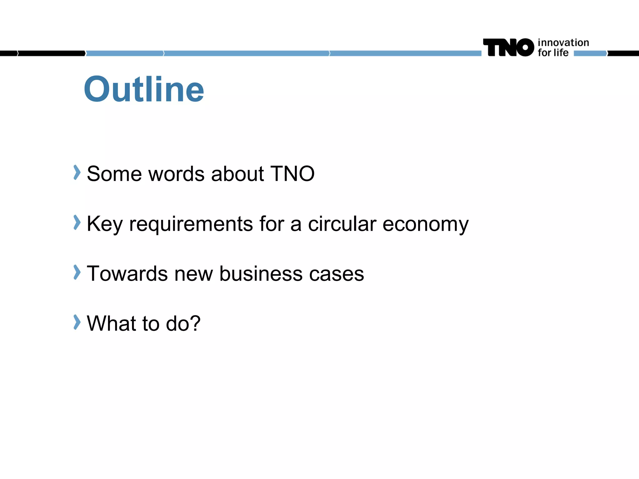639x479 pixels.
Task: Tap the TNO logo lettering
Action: click(508, 47)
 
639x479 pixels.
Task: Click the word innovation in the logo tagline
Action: click(563, 42)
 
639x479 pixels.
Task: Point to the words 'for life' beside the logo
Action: click(553, 53)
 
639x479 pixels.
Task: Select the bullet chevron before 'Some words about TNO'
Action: click(77, 172)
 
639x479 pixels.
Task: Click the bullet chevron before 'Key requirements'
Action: click(77, 222)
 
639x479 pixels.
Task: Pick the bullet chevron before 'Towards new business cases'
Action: click(77, 272)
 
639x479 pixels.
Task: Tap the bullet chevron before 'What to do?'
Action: click(77, 322)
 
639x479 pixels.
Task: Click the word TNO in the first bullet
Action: click(292, 174)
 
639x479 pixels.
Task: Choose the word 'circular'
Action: click(342, 224)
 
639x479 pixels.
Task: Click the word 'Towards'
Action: click(127, 274)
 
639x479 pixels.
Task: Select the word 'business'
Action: click(261, 274)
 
